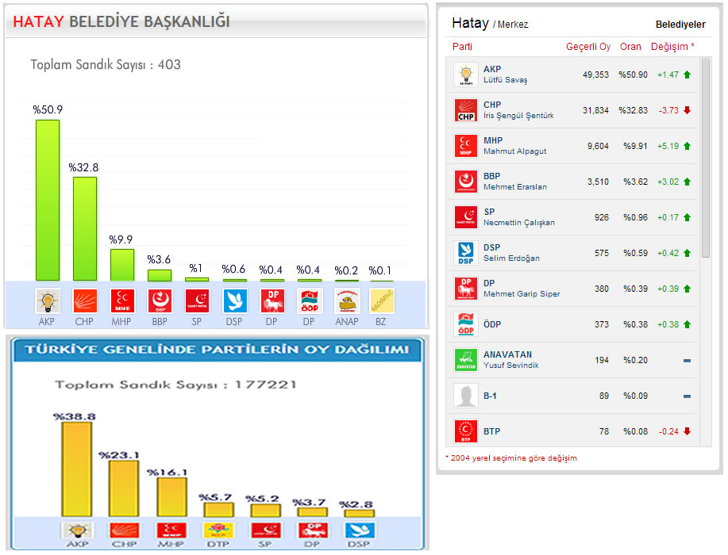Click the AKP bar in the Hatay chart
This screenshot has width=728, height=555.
[48, 200]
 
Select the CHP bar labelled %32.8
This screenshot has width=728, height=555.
[85, 228]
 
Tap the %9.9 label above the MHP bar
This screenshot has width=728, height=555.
[121, 239]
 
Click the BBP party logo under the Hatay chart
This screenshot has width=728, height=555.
[160, 300]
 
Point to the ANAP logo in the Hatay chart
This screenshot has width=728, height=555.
[347, 300]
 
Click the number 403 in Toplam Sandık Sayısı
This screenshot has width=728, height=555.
[169, 65]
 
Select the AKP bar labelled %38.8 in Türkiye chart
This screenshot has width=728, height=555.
[76, 469]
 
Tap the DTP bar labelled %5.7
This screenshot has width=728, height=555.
[218, 510]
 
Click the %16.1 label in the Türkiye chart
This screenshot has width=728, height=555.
[168, 472]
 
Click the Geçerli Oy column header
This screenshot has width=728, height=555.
[588, 47]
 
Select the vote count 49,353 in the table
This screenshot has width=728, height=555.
[595, 75]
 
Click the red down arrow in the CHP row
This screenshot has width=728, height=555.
[687, 110]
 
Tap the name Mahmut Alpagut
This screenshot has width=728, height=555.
[515, 151]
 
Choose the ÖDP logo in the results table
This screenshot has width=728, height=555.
[465, 324]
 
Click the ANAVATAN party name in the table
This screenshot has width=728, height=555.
[508, 354]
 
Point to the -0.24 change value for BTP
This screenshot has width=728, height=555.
[668, 431]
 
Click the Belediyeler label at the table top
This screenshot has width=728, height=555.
[680, 25]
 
